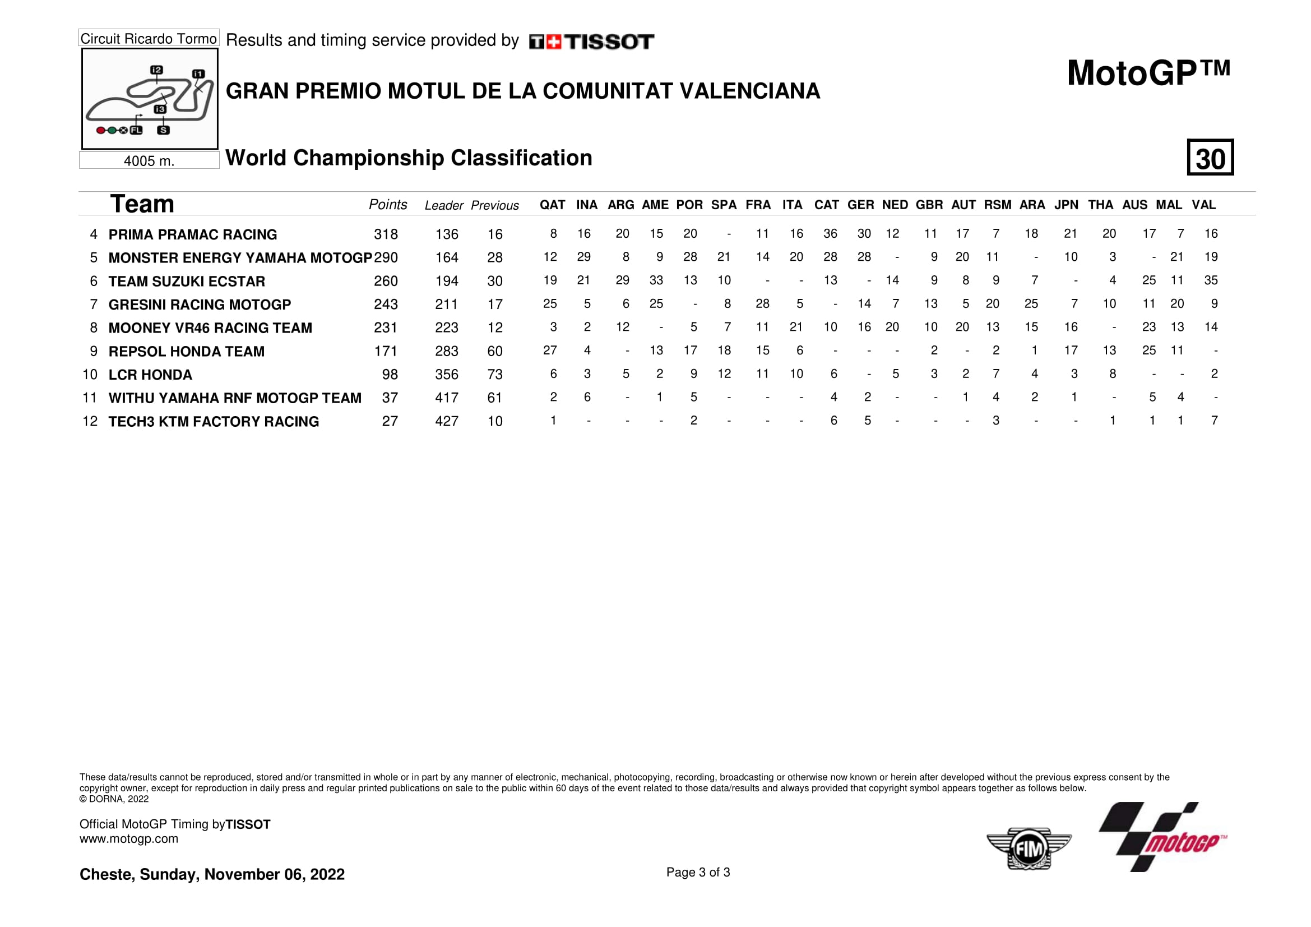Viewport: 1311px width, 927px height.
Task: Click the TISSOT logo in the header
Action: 591,41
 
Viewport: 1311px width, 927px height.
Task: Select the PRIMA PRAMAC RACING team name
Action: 192,234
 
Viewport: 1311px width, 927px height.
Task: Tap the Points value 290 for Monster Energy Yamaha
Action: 386,257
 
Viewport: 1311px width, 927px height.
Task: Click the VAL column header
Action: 1203,205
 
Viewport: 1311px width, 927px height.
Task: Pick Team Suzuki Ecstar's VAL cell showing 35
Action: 1211,280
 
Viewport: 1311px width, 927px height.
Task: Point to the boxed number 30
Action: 1210,158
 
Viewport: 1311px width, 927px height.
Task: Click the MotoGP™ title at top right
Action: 1148,73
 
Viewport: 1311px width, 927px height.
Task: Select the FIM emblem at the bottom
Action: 1029,848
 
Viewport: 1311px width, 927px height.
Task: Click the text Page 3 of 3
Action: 698,872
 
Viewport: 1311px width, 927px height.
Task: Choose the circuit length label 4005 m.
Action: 149,161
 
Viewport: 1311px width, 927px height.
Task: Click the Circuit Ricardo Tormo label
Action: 149,38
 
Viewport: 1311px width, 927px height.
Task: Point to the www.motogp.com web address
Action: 128,838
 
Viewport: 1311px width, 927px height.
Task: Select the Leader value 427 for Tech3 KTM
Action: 447,422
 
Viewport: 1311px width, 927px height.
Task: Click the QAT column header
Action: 552,205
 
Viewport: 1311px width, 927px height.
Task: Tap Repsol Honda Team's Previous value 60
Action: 494,351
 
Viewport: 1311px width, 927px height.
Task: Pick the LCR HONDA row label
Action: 150,375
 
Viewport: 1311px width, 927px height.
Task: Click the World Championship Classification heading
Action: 409,158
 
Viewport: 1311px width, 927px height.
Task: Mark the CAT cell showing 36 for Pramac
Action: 830,234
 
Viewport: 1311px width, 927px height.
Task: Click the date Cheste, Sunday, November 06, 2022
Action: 212,874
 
